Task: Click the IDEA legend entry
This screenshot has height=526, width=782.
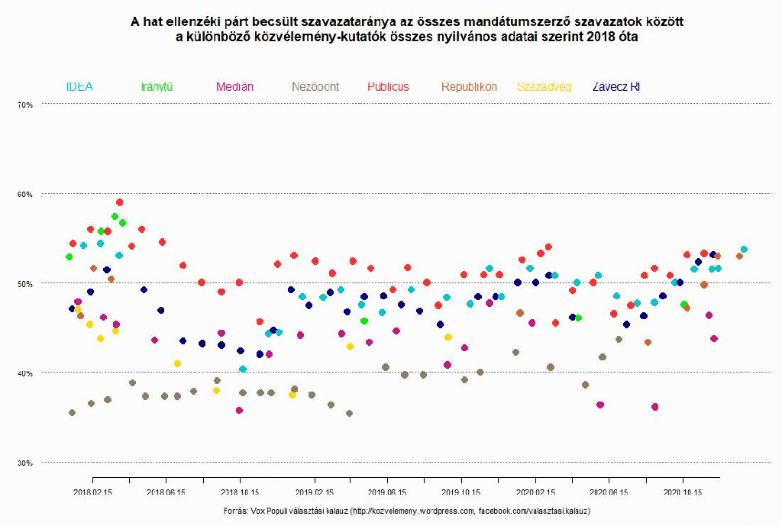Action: tap(79, 87)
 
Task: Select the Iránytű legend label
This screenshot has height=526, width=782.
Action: tap(157, 87)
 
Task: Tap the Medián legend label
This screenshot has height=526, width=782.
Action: tap(234, 87)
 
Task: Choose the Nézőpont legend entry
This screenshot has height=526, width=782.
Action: tap(315, 87)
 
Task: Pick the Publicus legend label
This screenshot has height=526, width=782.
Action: tap(388, 87)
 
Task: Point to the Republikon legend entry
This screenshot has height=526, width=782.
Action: tap(469, 87)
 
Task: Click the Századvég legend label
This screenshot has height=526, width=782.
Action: tap(544, 87)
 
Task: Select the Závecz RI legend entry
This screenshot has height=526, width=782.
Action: tap(616, 87)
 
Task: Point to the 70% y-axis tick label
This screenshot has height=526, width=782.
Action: tap(25, 105)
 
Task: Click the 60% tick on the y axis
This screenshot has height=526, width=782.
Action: tap(25, 194)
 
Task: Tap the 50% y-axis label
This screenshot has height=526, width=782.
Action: tap(25, 284)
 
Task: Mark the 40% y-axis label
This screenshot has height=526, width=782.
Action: tap(25, 373)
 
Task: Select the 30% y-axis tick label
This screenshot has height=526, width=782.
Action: tap(25, 463)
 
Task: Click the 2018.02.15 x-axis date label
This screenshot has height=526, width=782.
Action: tap(92, 493)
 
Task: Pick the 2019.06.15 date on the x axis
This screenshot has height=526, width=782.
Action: tap(387, 493)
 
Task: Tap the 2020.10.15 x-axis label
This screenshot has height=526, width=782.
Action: tap(683, 493)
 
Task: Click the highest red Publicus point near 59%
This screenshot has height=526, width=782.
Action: tap(119, 202)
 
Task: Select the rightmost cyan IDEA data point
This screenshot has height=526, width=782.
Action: tap(744, 249)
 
